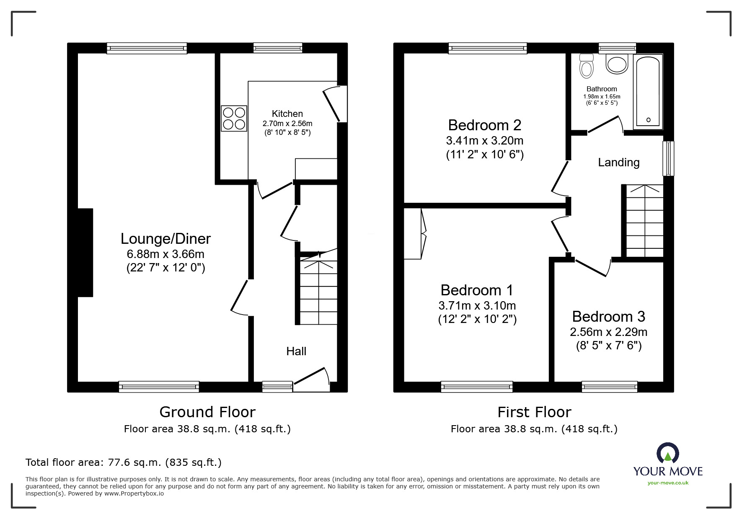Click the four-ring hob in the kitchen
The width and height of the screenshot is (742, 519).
234,119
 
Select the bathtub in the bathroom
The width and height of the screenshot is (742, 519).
648,91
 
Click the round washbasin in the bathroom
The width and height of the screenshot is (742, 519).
617,65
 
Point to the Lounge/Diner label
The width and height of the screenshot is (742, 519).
165,239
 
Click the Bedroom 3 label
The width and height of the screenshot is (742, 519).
608,317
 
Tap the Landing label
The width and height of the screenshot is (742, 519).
618,163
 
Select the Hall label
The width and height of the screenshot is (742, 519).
296,351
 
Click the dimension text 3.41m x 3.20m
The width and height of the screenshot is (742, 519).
485,141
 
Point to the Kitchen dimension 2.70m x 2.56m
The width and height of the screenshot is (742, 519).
287,124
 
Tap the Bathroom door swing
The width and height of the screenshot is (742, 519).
605,125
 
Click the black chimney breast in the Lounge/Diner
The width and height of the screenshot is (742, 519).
85,253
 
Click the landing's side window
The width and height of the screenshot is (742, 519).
668,158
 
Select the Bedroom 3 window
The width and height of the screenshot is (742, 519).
610,386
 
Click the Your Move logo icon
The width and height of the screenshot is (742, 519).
668,454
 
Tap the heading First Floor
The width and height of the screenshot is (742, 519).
534,412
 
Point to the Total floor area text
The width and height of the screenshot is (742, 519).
124,462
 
